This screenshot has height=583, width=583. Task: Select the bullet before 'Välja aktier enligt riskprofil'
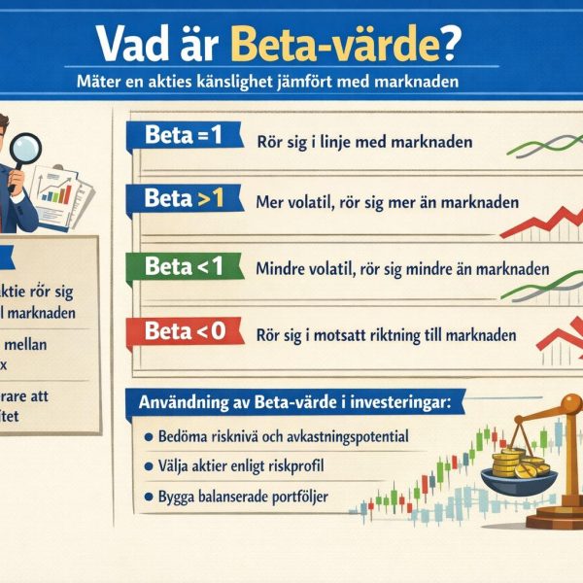coord(148,467)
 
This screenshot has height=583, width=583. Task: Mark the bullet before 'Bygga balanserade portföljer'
coord(148,497)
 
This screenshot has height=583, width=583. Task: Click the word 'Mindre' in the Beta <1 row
coord(283,269)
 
